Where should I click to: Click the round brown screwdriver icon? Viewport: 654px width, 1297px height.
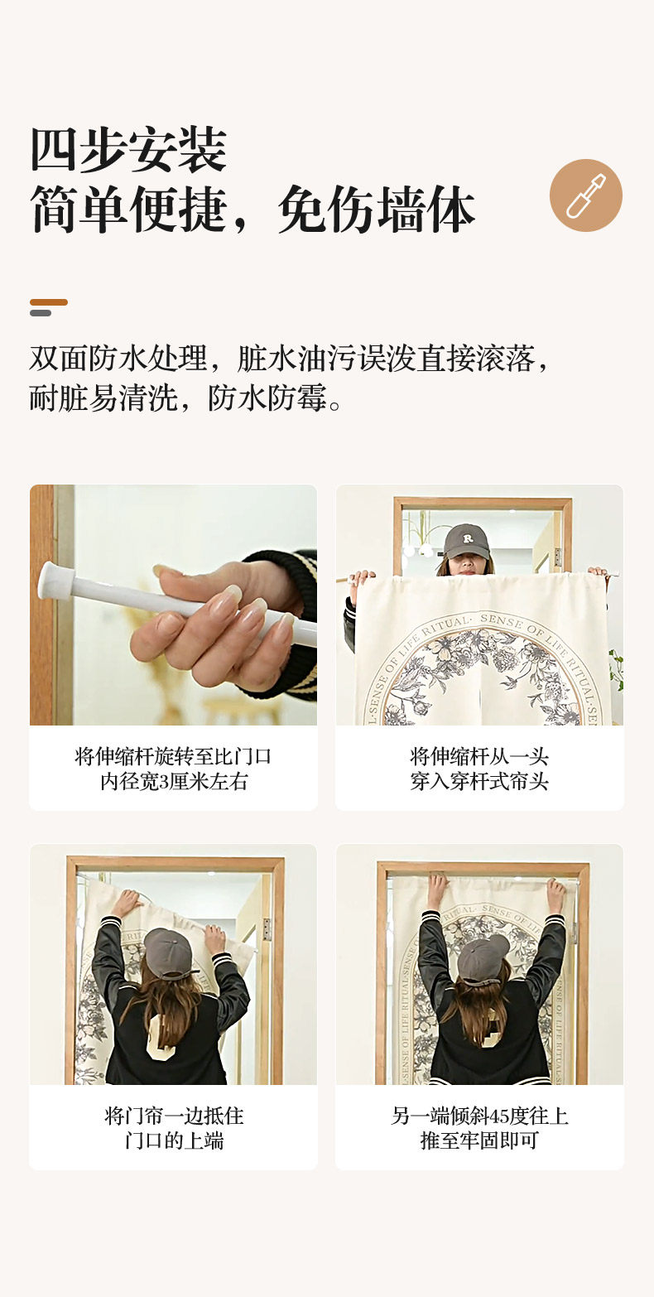click(585, 195)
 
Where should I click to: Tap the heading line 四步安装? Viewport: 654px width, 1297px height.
click(128, 150)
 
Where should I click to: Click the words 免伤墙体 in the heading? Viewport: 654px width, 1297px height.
click(377, 210)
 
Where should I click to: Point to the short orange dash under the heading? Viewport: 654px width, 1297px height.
click(49, 302)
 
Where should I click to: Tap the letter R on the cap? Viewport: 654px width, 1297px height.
click(468, 538)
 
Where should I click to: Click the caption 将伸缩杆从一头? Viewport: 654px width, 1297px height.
click(479, 756)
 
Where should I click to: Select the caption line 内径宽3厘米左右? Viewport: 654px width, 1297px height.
click(173, 781)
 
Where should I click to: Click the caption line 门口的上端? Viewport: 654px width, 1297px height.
click(173, 1140)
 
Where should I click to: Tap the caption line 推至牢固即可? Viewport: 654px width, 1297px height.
click(479, 1140)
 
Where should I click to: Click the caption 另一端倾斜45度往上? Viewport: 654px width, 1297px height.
click(479, 1116)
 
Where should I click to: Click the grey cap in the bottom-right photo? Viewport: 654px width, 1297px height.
click(483, 958)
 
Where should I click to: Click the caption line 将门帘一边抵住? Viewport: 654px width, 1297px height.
click(173, 1116)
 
